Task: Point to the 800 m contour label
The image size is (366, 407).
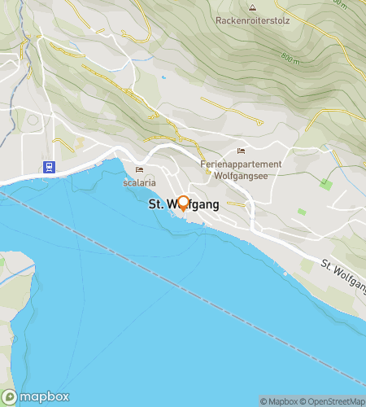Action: point(290,56)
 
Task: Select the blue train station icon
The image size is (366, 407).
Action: point(50,167)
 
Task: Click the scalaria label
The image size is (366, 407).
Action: point(139,182)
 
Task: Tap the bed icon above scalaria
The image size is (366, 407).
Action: point(139,170)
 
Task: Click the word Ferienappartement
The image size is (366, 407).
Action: point(241,164)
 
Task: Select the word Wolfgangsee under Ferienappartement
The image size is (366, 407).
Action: point(241,175)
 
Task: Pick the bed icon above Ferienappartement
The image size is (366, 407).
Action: point(241,151)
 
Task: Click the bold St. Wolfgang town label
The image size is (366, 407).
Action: point(183,206)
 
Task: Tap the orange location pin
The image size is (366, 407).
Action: point(183,203)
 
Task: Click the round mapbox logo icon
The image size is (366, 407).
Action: point(10,397)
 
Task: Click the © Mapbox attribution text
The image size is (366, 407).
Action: point(279,401)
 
